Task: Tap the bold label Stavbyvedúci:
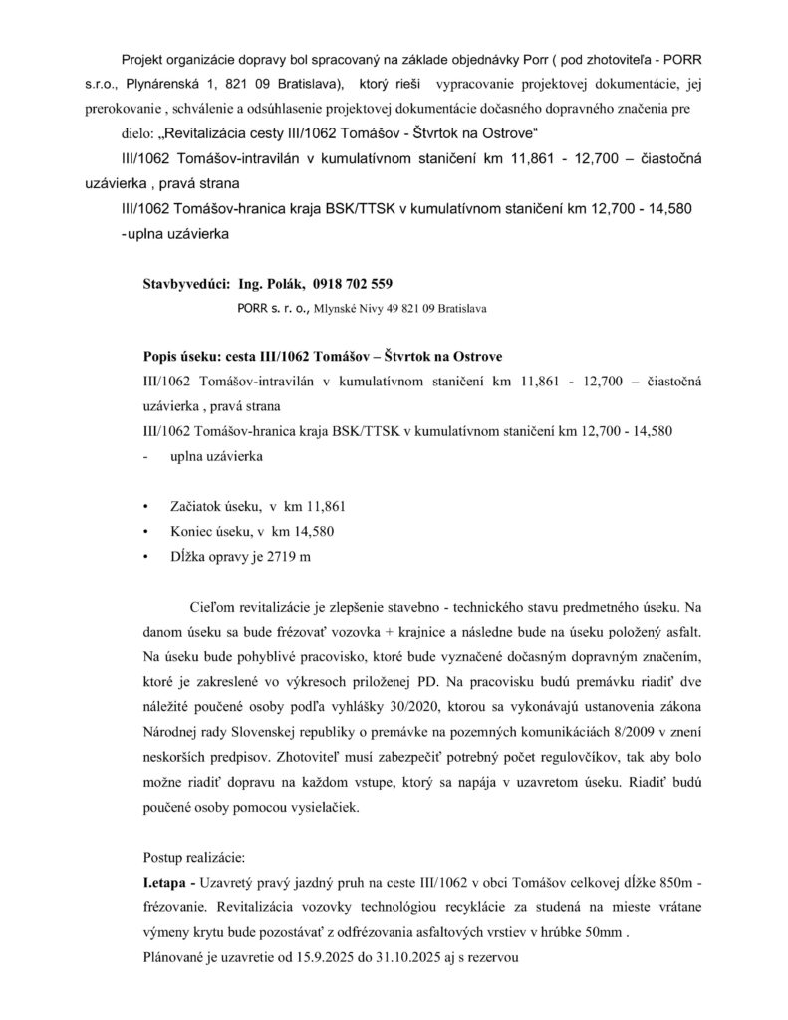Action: (186, 284)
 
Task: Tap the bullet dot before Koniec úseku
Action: (146, 531)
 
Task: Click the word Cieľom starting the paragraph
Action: (212, 606)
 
